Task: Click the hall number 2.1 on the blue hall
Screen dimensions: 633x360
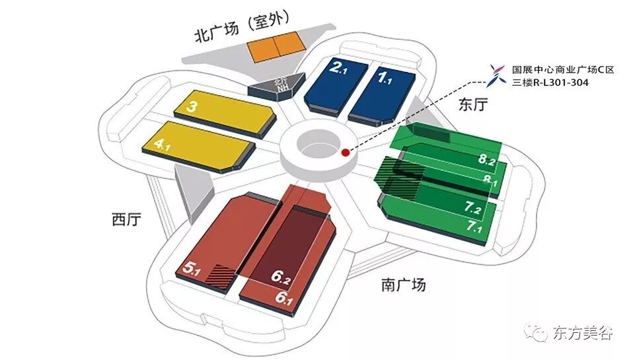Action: click(x=340, y=68)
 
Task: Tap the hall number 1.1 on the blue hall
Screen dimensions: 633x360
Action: click(x=385, y=79)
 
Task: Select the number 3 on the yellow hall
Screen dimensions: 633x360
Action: click(x=192, y=106)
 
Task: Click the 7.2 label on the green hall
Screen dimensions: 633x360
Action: click(x=476, y=209)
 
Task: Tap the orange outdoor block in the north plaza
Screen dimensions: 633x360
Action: click(x=276, y=47)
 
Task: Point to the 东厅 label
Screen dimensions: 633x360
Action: click(x=474, y=104)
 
